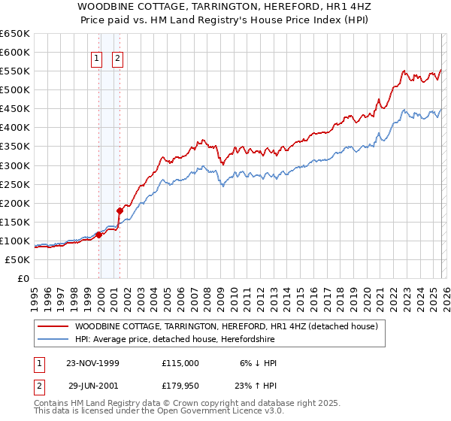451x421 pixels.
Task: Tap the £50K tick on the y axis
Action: [x=17, y=259]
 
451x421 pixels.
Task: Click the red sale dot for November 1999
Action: [x=98, y=235]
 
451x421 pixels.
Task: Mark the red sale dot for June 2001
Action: [x=120, y=210]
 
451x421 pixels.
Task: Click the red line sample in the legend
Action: [x=53, y=326]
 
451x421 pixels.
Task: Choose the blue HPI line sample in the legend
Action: [x=53, y=339]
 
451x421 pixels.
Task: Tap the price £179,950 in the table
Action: [x=180, y=386]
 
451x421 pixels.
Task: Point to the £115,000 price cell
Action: [x=180, y=363]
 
